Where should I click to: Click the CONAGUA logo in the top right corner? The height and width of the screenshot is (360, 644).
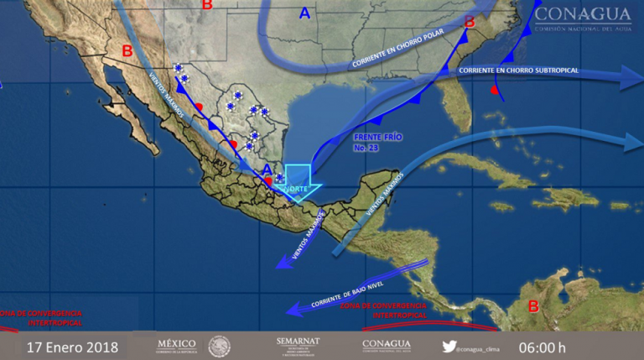582,19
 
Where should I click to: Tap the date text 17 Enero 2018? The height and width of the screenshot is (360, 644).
72,346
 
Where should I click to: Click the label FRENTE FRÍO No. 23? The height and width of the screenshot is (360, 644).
366,141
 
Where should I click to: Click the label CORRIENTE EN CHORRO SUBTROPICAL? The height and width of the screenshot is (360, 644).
518,70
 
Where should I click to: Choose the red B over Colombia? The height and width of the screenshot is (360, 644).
532,306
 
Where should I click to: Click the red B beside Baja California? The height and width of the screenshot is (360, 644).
127,51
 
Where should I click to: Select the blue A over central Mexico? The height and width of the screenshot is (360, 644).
267,169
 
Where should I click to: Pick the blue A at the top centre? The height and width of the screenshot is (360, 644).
304,13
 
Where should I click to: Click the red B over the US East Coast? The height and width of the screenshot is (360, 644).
469,20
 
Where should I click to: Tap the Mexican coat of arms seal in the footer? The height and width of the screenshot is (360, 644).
219,346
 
